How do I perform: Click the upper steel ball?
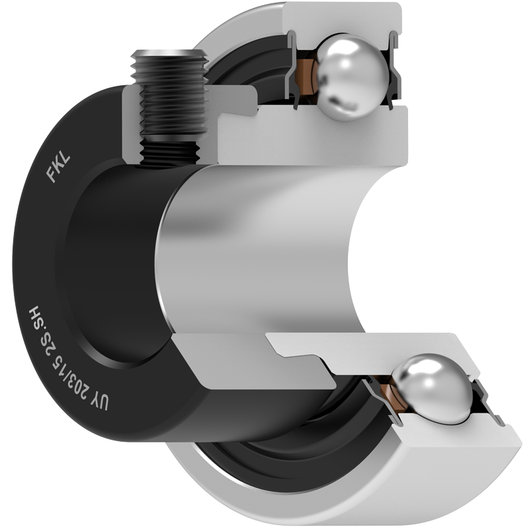(x=351, y=77)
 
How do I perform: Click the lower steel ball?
(x=434, y=388)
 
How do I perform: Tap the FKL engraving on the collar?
(x=58, y=168)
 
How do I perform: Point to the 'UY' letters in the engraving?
(x=100, y=401)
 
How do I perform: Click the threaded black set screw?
(x=171, y=108)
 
